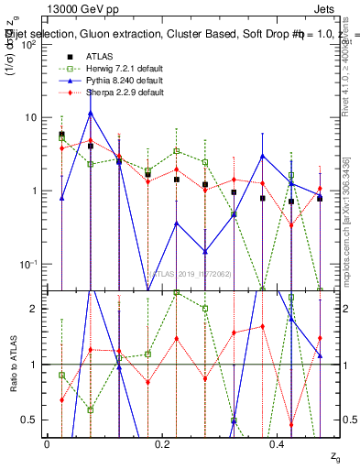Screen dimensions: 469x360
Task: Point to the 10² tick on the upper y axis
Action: (x=28, y=44)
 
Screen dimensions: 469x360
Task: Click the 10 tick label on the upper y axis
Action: (x=30, y=117)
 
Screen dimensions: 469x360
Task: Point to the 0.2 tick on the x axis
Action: (x=162, y=443)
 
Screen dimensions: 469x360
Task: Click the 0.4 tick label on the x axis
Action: (x=278, y=443)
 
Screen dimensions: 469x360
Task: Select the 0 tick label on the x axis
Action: (x=47, y=443)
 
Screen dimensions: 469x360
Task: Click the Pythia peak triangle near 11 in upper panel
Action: (x=91, y=113)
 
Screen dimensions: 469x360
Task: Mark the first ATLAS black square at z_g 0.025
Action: (x=61, y=135)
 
